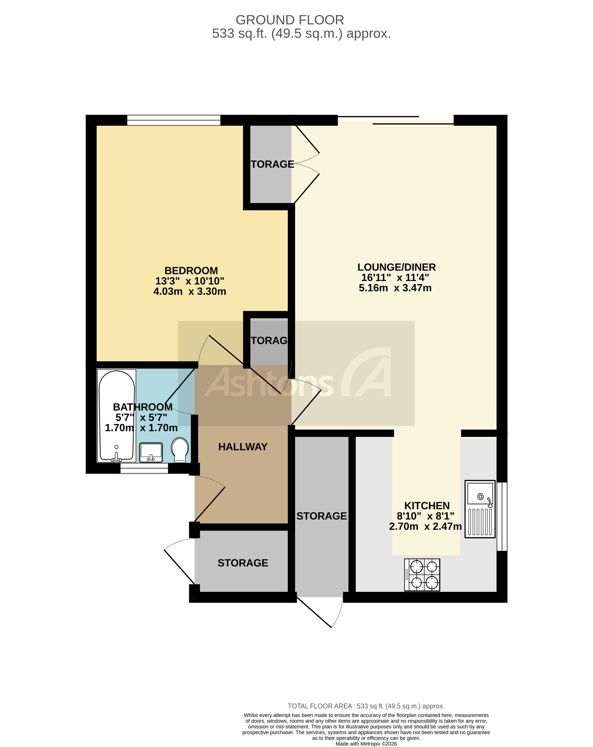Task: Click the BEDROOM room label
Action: pos(191,271)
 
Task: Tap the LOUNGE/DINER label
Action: pos(396,267)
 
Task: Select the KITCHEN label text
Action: pos(427,506)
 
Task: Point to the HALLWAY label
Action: pos(243,447)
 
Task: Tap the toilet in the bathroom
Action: pos(180,450)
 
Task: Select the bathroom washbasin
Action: pos(151,452)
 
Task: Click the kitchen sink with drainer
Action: pos(480,509)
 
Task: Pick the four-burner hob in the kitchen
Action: pos(422,575)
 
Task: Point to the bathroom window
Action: pos(144,470)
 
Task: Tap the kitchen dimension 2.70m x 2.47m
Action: pos(425,526)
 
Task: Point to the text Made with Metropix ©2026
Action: pos(366,743)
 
